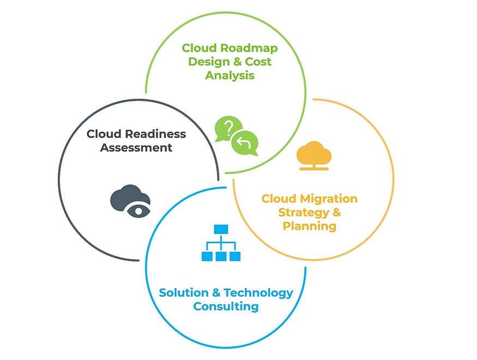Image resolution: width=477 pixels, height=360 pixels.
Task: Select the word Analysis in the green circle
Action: [x=230, y=75]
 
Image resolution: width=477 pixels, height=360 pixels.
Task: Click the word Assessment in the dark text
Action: [x=136, y=147]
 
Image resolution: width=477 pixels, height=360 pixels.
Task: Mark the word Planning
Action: [x=309, y=226]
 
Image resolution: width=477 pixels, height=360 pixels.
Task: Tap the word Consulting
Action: [x=226, y=307]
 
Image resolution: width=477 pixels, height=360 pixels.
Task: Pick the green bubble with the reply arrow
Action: [x=244, y=144]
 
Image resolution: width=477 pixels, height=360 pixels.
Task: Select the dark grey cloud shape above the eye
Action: [x=127, y=195]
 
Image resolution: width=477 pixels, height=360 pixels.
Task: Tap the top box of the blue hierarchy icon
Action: [x=221, y=229]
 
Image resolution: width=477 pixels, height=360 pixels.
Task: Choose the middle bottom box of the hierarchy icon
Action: [x=221, y=255]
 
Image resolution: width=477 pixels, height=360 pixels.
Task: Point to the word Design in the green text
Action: [x=208, y=61]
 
